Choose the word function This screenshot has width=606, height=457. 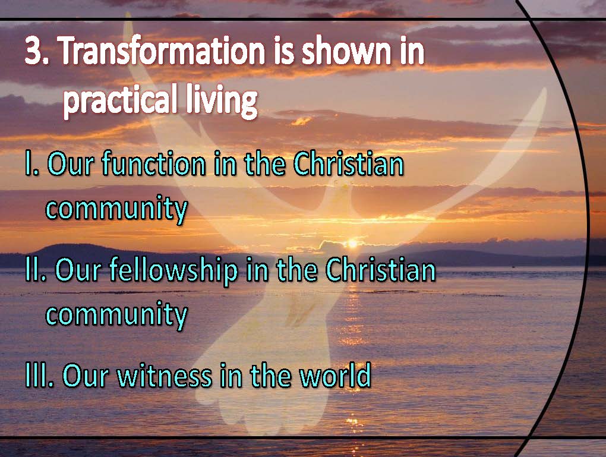pyautogui.click(x=154, y=164)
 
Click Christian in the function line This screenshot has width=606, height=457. pyautogui.click(x=348, y=164)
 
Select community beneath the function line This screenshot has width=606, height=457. pyautogui.click(x=116, y=209)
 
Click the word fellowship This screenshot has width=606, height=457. pyautogui.click(x=173, y=270)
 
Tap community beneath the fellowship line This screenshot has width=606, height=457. pyautogui.click(x=116, y=315)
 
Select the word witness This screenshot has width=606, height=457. pyautogui.click(x=165, y=375)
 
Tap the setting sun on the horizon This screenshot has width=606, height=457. pyautogui.click(x=352, y=244)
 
